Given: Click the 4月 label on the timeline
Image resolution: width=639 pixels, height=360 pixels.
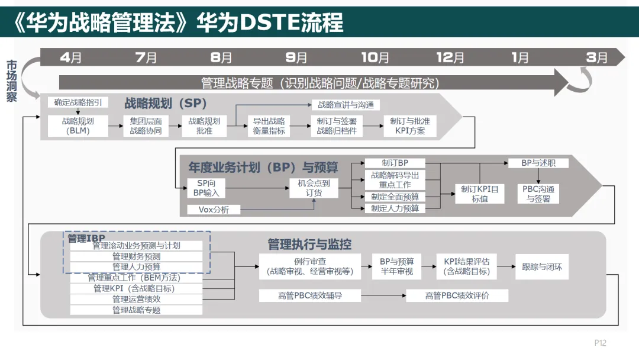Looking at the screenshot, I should click(x=71, y=57).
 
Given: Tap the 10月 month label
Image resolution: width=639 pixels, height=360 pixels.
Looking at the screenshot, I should click(x=375, y=57).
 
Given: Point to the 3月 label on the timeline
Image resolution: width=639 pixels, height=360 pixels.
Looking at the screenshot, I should click(x=597, y=57).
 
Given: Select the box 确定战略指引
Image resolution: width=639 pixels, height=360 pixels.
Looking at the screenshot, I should click(x=78, y=102).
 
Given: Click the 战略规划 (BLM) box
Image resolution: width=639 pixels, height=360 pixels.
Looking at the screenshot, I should click(x=78, y=126).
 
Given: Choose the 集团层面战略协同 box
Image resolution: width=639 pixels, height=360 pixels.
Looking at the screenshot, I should click(x=146, y=126).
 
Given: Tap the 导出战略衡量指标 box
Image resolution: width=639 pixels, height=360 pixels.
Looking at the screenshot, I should click(x=269, y=126).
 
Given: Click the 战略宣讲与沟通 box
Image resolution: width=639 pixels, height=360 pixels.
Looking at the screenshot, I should click(x=346, y=105).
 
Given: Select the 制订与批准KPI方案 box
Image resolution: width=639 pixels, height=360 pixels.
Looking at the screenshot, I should click(x=410, y=126).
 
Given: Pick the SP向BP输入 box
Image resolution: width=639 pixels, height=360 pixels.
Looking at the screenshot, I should click(x=206, y=188).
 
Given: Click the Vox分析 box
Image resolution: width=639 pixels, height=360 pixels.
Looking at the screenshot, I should click(x=214, y=209).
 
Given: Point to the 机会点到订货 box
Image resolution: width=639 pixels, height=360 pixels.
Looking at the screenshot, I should click(x=314, y=188).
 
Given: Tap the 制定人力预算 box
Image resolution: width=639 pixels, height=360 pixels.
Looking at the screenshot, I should click(x=395, y=208).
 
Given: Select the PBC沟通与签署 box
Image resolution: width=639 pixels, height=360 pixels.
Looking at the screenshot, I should click(x=538, y=194).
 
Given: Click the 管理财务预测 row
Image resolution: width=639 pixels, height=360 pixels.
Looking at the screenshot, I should click(x=136, y=256).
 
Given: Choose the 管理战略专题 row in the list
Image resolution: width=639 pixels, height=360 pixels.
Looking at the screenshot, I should click(x=136, y=310).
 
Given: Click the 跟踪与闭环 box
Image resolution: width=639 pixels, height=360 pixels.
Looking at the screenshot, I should click(x=542, y=267).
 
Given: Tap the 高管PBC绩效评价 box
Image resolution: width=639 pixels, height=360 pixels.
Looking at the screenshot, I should click(x=457, y=295).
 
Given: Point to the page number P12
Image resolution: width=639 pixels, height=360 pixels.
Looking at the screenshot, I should click(x=601, y=343).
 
